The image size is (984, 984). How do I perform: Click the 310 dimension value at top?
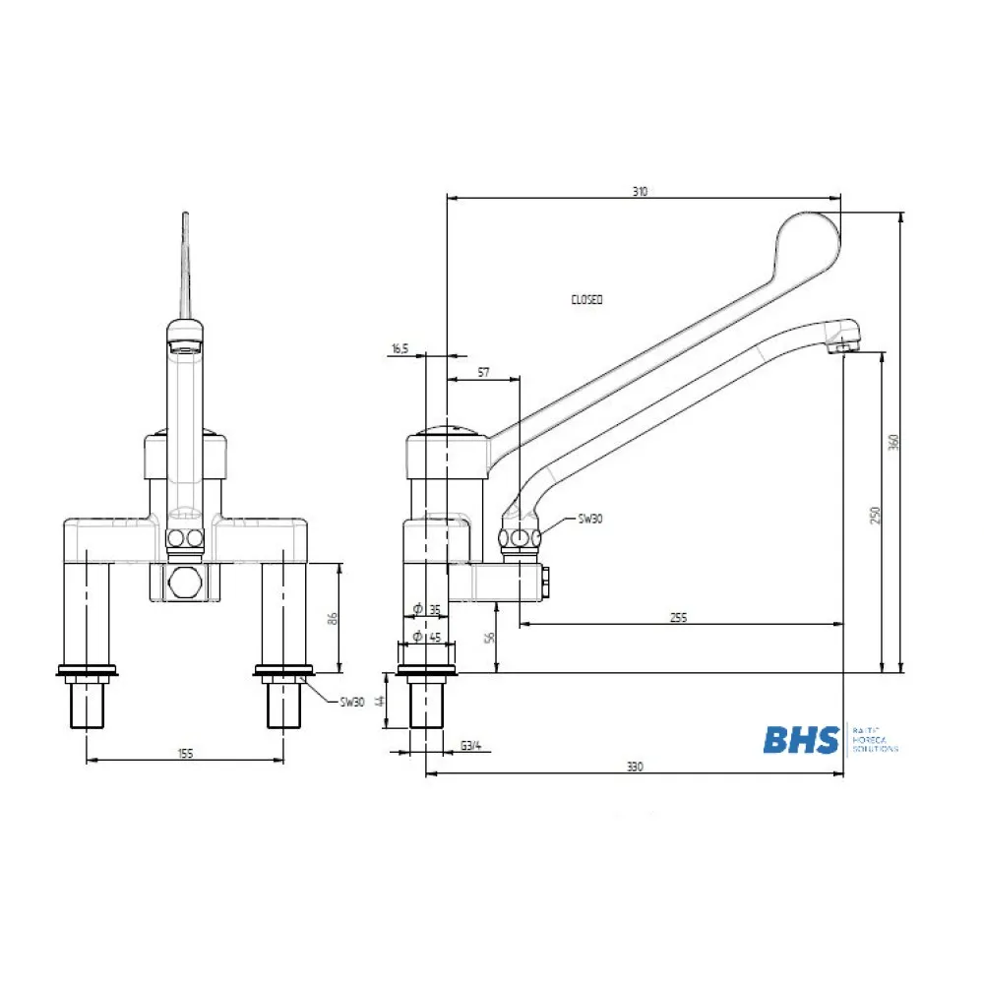(x=640, y=192)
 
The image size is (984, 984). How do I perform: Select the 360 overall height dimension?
(x=894, y=443)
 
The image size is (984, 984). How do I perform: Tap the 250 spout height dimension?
(x=875, y=515)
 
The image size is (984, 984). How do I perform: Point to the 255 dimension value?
(x=678, y=617)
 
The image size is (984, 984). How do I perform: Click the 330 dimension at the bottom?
(x=635, y=768)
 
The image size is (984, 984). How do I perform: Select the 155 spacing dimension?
(x=186, y=753)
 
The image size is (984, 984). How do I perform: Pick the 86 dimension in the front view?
(x=334, y=618)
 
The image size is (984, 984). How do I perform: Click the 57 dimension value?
(x=483, y=372)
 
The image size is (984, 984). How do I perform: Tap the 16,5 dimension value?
(x=400, y=349)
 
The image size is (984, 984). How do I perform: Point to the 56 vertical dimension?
(x=489, y=638)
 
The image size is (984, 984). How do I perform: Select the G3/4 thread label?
(x=471, y=745)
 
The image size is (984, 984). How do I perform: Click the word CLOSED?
(x=586, y=299)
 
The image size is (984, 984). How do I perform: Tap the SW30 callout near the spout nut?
(x=590, y=519)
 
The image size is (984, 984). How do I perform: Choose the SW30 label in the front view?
(x=352, y=702)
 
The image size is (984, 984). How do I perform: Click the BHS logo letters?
(x=801, y=739)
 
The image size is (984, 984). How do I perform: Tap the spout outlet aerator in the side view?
(x=844, y=345)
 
